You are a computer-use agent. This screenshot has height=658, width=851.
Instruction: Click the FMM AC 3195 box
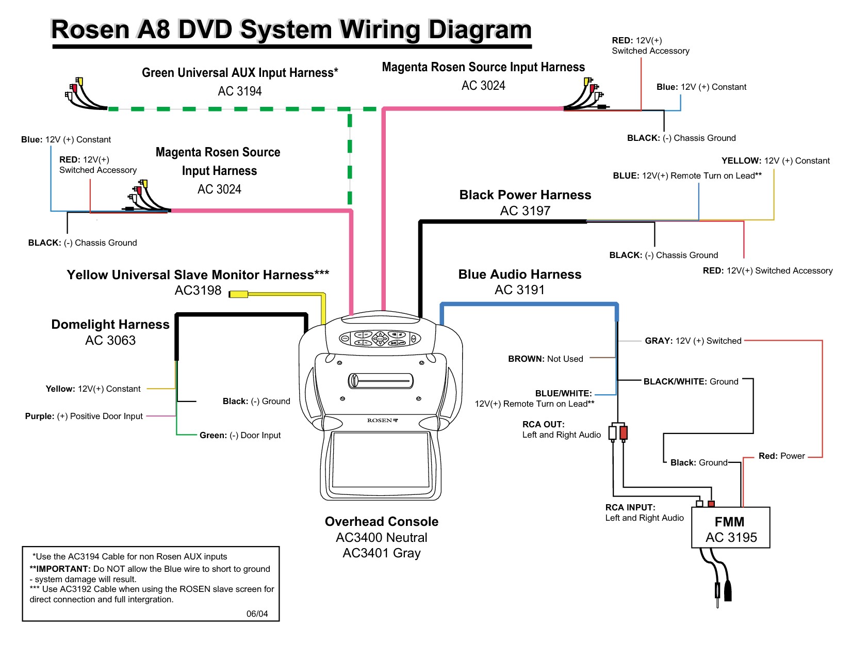[730, 527]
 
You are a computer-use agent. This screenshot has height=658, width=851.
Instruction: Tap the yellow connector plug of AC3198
[238, 294]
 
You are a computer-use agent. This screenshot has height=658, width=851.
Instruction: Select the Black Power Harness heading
[525, 195]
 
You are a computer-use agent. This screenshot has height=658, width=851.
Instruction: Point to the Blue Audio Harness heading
[520, 274]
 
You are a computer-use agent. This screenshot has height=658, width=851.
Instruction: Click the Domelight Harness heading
[110, 324]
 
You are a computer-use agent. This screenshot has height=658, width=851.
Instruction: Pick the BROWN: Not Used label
[546, 359]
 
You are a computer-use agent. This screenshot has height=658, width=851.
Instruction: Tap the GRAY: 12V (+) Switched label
[693, 341]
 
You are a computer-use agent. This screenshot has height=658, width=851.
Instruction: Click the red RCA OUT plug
[624, 432]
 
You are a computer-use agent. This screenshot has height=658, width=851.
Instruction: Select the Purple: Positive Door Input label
[84, 416]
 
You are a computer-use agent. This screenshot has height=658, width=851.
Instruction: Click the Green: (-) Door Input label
[240, 435]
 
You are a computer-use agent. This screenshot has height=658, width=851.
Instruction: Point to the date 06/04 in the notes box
[257, 614]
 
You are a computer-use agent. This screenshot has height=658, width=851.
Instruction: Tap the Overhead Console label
[382, 521]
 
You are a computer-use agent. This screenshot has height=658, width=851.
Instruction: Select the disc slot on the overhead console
[380, 380]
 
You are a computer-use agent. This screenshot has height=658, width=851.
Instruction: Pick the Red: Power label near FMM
[781, 456]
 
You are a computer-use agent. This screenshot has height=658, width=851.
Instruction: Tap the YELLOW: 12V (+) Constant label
[775, 161]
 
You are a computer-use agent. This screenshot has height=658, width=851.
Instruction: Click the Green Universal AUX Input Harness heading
[240, 72]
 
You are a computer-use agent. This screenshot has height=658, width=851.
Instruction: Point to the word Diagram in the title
[480, 29]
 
